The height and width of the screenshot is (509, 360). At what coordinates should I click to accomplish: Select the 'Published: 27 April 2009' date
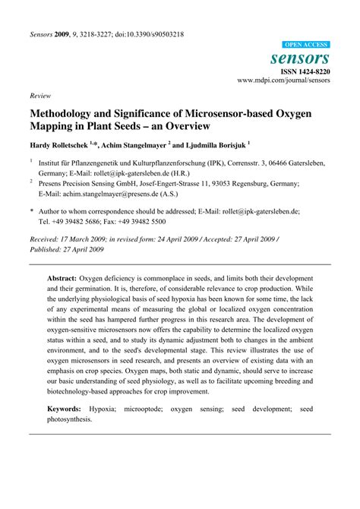point(68,248)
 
